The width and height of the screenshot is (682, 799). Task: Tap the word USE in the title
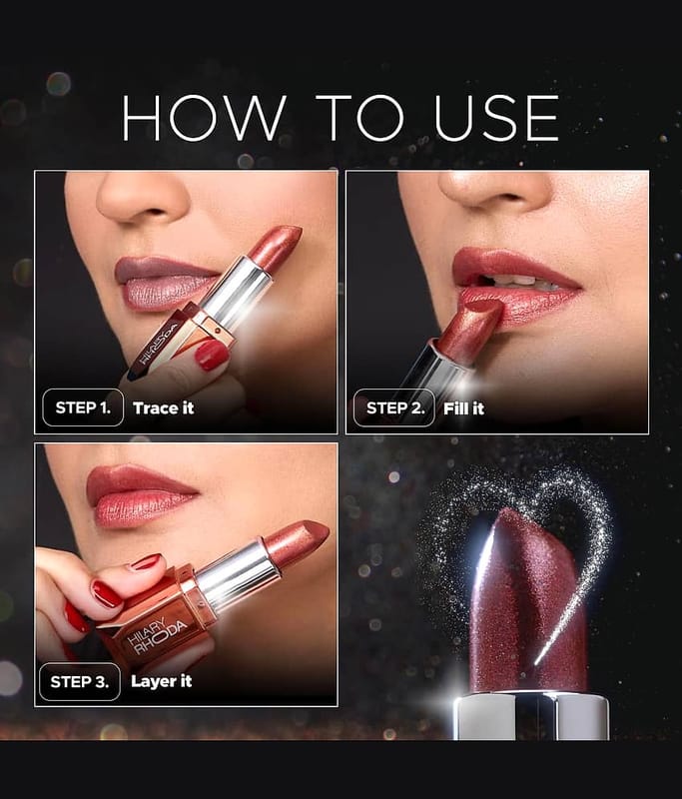point(496,118)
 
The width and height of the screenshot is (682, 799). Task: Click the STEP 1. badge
point(83,407)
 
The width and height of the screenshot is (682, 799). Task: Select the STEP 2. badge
point(393,407)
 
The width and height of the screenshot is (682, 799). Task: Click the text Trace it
point(163,407)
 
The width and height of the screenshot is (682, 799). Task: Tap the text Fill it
point(463,407)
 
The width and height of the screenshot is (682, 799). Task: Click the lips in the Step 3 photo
point(140,495)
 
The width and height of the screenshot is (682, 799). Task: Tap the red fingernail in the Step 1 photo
point(212,355)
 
